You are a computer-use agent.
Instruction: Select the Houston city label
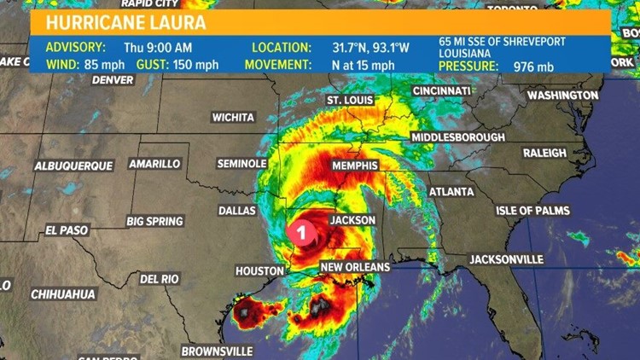pyautogui.click(x=259, y=270)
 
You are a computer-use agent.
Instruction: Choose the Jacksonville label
pyautogui.click(x=506, y=258)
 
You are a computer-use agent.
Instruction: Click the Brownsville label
pyautogui.click(x=217, y=351)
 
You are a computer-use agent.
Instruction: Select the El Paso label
pyautogui.click(x=67, y=230)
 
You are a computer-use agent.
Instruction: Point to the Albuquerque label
pyautogui.click(x=73, y=165)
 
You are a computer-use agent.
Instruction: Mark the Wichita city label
pyautogui.click(x=233, y=117)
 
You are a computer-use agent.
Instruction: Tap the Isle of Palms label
pyautogui.click(x=533, y=210)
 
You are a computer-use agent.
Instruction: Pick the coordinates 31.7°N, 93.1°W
pyautogui.click(x=371, y=47)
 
